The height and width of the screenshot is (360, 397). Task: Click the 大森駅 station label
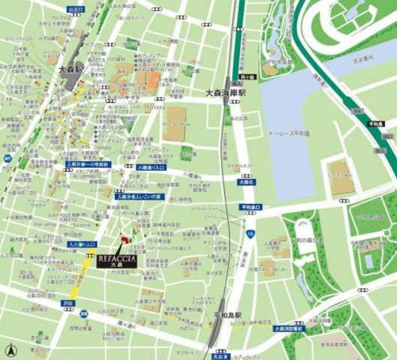74,67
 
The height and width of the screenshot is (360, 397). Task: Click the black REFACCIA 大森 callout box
116,259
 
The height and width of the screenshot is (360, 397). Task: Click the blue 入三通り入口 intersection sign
83,244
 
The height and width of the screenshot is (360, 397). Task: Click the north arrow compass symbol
10,349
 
